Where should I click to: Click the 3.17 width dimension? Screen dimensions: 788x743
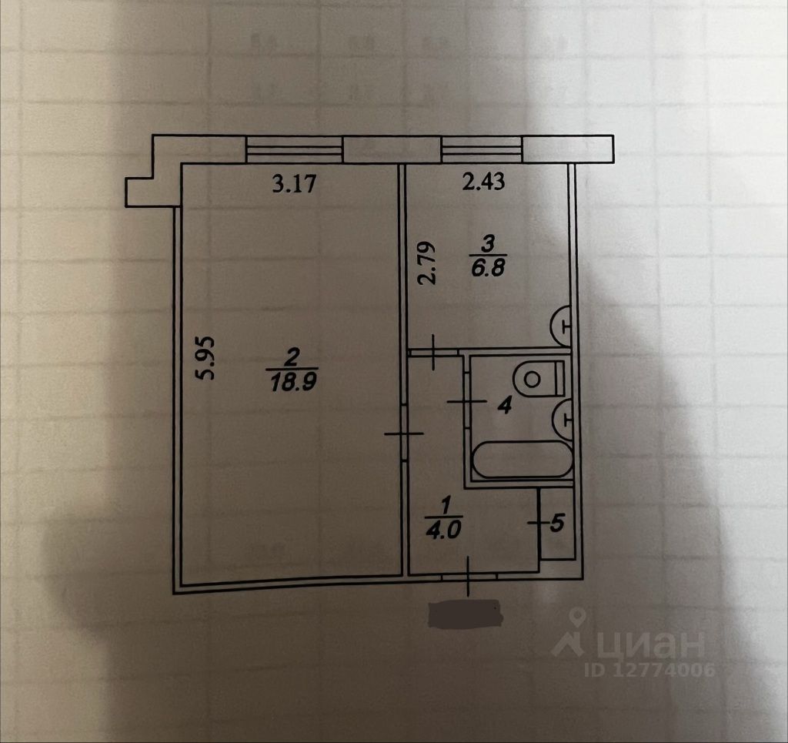tap(295, 185)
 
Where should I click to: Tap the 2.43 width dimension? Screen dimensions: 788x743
tap(482, 182)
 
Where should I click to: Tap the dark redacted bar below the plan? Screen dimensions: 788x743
tap(464, 614)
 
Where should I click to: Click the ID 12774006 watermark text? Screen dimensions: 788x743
tap(651, 670)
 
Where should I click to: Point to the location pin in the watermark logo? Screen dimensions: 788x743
tap(576, 621)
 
